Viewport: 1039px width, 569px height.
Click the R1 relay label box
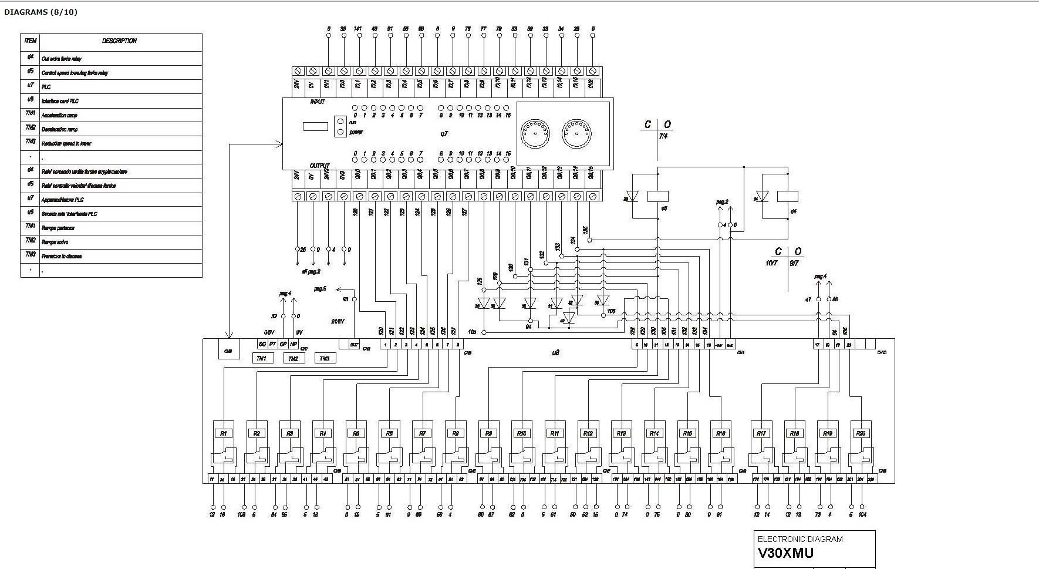(x=223, y=433)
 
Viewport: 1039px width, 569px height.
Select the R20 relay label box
(x=861, y=433)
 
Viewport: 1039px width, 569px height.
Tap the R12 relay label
(x=588, y=433)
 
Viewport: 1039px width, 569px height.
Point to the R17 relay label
(x=761, y=433)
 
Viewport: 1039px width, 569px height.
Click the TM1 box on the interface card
(x=262, y=358)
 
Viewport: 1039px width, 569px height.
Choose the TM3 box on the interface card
(x=325, y=358)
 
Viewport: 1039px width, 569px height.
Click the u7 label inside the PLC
(x=444, y=134)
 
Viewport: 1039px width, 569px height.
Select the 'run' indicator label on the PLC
(x=353, y=122)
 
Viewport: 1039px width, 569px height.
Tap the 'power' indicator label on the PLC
(x=356, y=132)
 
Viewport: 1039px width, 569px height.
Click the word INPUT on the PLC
(x=318, y=102)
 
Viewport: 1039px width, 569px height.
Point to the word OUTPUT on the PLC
(x=319, y=166)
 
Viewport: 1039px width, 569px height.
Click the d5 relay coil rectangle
(x=657, y=196)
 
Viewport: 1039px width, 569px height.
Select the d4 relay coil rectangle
(x=787, y=196)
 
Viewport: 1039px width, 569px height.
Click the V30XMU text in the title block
(x=785, y=553)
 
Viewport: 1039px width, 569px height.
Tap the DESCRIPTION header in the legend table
(x=119, y=41)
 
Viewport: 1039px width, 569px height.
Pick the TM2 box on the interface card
(x=293, y=358)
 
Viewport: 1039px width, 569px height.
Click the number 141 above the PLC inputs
(x=357, y=29)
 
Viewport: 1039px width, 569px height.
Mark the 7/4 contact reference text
(x=663, y=136)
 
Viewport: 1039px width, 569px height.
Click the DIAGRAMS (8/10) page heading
(x=41, y=12)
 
